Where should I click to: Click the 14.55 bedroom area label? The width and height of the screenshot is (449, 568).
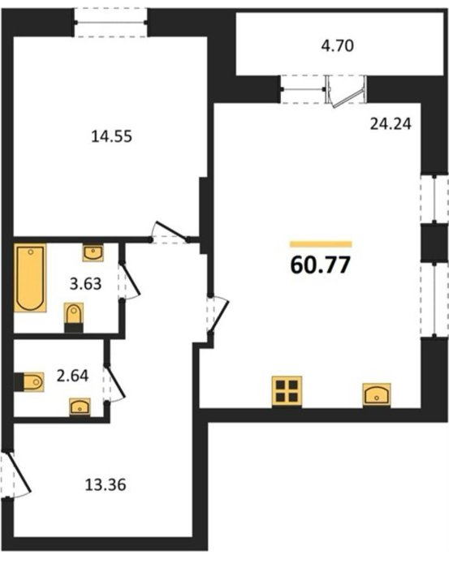111,137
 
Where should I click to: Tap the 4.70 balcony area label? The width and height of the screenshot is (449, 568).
338,46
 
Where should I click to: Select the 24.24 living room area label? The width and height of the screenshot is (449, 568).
391,124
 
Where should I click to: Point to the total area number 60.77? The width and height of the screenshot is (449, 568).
321,265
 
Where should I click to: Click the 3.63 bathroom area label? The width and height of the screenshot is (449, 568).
85,284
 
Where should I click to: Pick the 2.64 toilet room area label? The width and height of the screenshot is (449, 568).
72,376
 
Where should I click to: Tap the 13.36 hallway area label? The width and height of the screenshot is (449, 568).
106,484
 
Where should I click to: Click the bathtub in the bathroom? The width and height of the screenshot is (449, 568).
30,278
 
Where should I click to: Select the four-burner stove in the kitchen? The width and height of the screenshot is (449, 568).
287,392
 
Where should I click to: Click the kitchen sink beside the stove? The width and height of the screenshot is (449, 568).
377,395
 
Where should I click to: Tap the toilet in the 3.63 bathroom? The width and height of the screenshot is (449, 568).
74,318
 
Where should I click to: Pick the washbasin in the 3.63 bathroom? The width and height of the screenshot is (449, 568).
93,252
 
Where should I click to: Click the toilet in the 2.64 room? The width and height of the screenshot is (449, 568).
29,382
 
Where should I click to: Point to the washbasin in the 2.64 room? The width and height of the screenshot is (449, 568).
80,407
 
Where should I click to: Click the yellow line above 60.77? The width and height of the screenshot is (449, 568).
321,244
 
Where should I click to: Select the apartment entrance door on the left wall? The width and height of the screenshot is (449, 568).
15,475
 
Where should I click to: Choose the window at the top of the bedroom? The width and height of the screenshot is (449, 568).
111,23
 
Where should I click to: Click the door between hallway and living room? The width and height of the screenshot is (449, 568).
218,315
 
